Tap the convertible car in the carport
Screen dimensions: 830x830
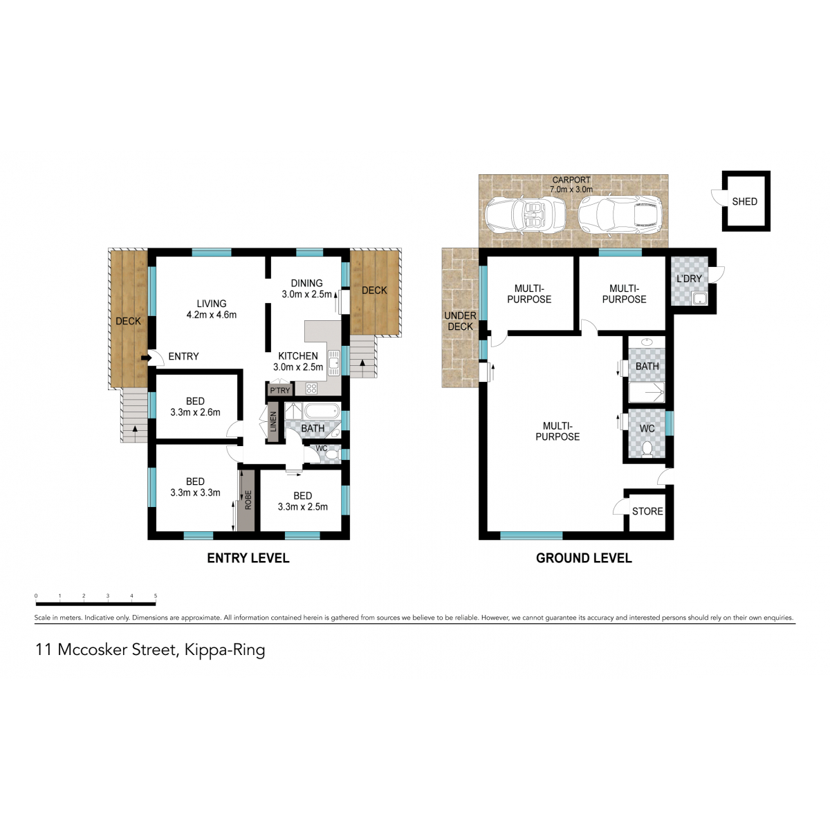pyautogui.click(x=525, y=214)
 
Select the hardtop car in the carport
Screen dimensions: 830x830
pyautogui.click(x=620, y=215)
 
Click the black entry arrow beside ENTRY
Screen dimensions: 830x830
pyautogui.click(x=145, y=358)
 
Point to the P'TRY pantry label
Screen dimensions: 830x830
pyautogui.click(x=280, y=390)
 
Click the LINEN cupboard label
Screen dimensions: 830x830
pyautogui.click(x=273, y=422)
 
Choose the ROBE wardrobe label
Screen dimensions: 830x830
pyautogui.click(x=248, y=500)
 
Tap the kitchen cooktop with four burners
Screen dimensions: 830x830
pyautogui.click(x=311, y=389)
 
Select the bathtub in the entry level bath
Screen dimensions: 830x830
pyautogui.click(x=322, y=412)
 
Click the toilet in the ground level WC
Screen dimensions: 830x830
pyautogui.click(x=647, y=449)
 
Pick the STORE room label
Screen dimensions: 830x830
pyautogui.click(x=647, y=511)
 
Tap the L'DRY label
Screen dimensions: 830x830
pyautogui.click(x=689, y=279)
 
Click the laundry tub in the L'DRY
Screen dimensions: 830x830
pyautogui.click(x=699, y=298)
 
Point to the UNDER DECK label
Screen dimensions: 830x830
pyautogui.click(x=460, y=321)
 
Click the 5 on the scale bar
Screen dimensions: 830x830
pyautogui.click(x=156, y=596)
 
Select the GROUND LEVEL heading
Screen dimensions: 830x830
pyautogui.click(x=584, y=557)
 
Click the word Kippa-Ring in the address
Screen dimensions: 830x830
pyautogui.click(x=224, y=650)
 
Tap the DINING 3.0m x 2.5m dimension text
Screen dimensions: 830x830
pyautogui.click(x=306, y=288)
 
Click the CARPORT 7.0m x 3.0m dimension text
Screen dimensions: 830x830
pyautogui.click(x=571, y=185)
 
